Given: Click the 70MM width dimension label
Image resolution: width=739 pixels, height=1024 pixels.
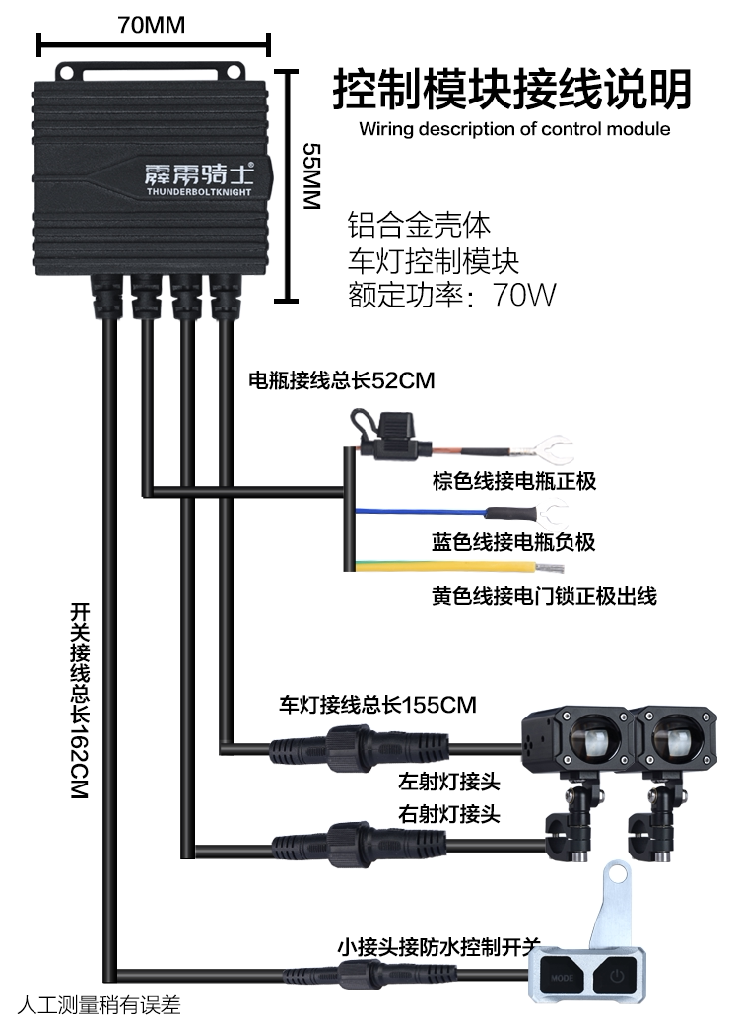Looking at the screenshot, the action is [152, 25].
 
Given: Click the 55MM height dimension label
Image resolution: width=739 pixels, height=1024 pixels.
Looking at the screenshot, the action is [312, 176].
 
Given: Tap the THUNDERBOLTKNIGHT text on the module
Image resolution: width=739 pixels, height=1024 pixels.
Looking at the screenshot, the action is [198, 192].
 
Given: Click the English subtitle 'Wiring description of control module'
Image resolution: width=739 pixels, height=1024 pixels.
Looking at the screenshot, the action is [514, 129].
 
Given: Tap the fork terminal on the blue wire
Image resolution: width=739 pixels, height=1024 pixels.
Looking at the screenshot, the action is [551, 513].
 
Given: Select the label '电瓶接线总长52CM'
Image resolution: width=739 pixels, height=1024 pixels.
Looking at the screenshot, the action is [342, 380].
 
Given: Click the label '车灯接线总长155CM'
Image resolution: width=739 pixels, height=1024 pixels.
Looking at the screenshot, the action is [377, 705].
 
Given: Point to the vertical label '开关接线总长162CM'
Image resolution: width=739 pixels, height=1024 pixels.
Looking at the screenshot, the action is [79, 701].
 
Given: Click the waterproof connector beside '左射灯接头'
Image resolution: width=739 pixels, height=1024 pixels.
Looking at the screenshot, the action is [359, 745].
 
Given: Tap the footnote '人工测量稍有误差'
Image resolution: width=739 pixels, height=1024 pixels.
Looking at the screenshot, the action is [100, 1004].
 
